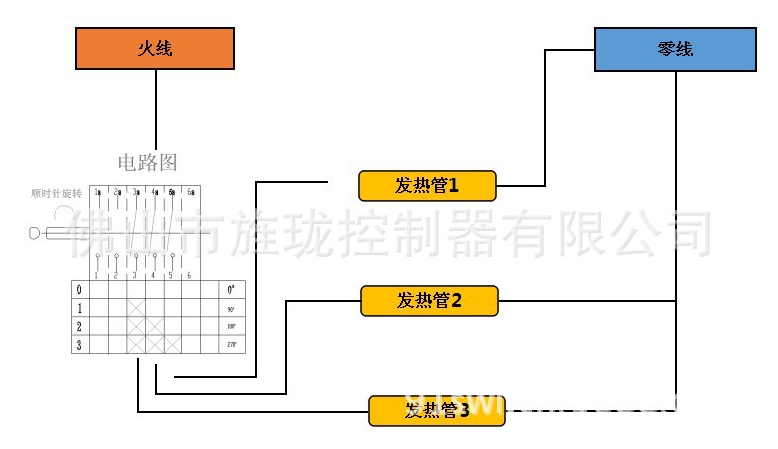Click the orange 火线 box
pos(156,49)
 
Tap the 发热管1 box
pos(427,185)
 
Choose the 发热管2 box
pos(429,300)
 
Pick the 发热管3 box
pos(436,410)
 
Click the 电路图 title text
pos(148,163)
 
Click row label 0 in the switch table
pos(79,290)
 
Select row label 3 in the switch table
pos(79,345)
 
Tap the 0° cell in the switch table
pos(232,290)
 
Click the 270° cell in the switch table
pos(232,345)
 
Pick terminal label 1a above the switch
pos(97,191)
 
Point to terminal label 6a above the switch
pos(192,191)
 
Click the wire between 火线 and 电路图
pos(156,109)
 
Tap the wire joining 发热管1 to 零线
pos(544,119)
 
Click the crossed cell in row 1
pos(136,308)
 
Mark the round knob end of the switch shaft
pos(35,234)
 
